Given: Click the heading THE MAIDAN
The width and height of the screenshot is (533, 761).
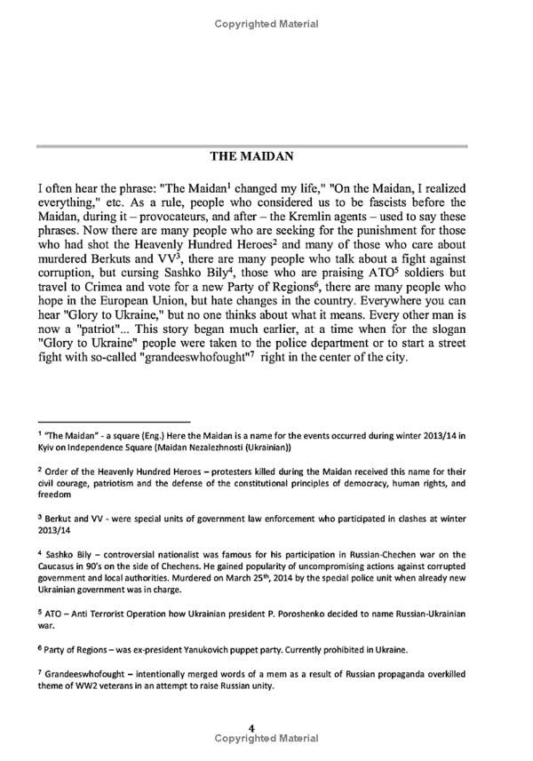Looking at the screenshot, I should point(266,157).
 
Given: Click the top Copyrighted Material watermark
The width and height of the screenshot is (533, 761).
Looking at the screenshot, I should point(266,24).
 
